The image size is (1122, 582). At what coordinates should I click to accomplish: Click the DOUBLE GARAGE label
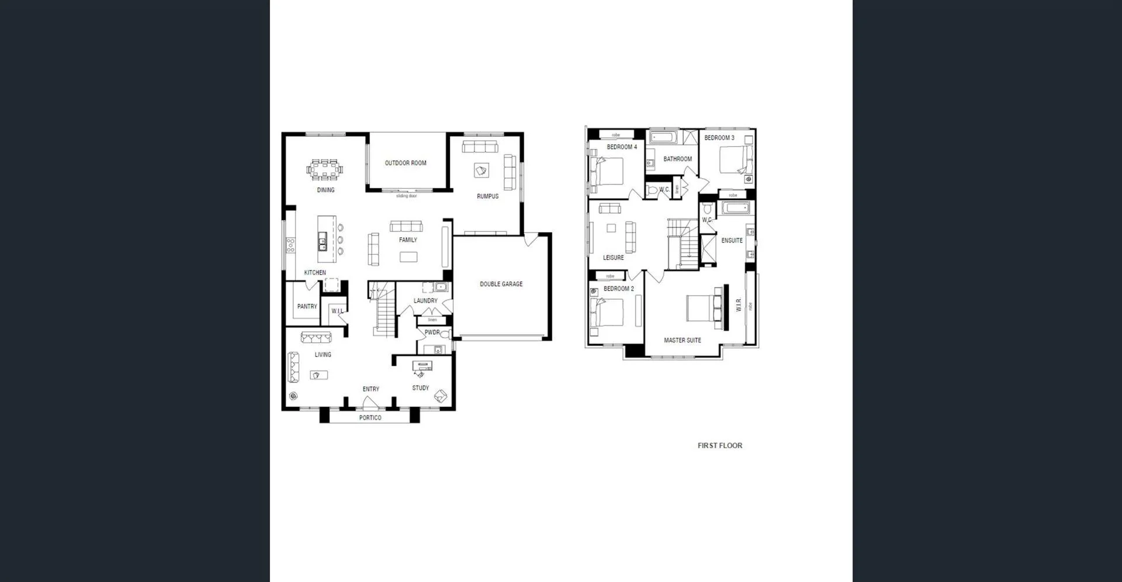[501, 284]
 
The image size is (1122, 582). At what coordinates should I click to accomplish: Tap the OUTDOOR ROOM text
[405, 163]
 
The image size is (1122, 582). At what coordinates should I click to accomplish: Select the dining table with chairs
[325, 170]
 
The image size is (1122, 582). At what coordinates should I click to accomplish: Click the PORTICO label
[370, 418]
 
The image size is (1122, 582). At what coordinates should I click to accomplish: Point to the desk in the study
[422, 366]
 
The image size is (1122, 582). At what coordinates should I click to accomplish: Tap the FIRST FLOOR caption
[719, 445]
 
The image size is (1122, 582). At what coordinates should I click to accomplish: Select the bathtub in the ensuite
[736, 208]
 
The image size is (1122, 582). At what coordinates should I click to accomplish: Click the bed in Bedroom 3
[735, 159]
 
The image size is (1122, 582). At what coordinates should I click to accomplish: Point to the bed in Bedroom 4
[608, 172]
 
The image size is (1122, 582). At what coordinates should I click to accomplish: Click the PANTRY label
[307, 306]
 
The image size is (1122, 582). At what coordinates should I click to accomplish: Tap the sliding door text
[406, 196]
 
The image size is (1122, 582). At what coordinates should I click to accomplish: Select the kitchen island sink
[322, 240]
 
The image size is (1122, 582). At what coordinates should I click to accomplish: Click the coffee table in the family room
[408, 257]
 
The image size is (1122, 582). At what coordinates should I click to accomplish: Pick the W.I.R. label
[738, 304]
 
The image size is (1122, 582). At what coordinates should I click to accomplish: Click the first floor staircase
[684, 244]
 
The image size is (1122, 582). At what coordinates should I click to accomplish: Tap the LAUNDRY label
[425, 301]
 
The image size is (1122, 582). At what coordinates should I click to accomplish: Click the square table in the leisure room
[611, 228]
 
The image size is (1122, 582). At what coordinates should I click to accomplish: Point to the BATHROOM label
[677, 159]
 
